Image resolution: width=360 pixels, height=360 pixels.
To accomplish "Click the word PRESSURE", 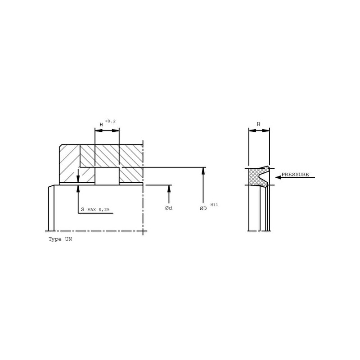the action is tap(295, 175).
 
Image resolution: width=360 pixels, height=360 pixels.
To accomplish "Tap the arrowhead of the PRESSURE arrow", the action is tap(278, 177).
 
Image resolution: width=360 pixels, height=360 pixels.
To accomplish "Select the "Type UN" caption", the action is tap(60, 239).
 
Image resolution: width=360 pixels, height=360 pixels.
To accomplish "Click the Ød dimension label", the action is tap(168, 208).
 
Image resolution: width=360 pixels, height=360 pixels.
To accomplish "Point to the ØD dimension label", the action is tap(203, 208).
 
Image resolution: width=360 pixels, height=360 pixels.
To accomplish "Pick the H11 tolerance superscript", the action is tap(214, 205).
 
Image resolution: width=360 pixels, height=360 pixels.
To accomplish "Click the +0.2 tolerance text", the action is tap(110, 121).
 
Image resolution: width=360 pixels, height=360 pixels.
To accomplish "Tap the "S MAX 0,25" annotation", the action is tap(95, 209).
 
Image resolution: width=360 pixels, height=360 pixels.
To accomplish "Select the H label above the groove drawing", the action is tap(101, 125).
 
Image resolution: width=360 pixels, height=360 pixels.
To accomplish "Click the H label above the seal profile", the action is tap(258, 124).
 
